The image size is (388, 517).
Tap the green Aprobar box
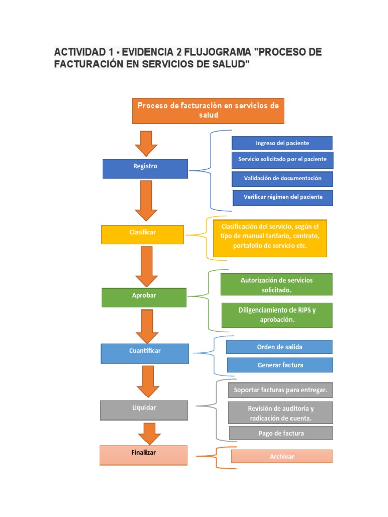143,297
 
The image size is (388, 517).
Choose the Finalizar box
143,454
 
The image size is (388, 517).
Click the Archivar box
282,456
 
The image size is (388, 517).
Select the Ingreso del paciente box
282,143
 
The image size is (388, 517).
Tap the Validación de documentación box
282,179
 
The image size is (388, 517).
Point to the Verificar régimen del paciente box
283,197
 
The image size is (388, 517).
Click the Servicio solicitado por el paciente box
282,160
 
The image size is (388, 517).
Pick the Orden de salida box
279,347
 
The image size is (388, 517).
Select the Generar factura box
280,365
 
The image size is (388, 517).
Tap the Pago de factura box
281,433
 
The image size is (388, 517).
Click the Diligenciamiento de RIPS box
277,315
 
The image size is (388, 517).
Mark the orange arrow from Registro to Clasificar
147,200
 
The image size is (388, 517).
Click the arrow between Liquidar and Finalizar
149,433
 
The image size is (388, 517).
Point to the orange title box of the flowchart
208,111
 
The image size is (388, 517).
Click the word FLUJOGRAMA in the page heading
217,53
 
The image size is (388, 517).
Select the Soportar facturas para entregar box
280,390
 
